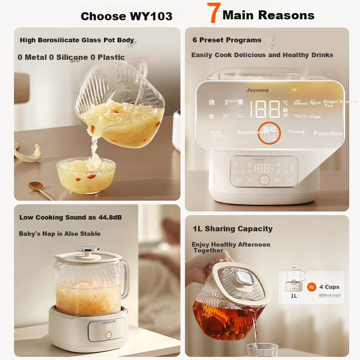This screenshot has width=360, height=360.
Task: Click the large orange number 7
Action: point(213,14)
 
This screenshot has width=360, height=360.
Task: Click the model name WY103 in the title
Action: point(151,17)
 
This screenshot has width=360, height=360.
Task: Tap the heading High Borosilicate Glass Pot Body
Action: point(77,40)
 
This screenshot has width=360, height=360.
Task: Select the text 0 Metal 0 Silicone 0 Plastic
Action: point(71,57)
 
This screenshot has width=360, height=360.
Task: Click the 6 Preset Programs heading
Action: point(227,40)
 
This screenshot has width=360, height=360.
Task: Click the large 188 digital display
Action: point(265,109)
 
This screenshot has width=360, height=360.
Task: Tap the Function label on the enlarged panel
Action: point(328,133)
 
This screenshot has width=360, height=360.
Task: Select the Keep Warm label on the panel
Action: point(216,134)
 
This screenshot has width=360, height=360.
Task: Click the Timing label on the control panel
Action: point(296,132)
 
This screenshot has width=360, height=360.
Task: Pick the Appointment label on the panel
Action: point(252,132)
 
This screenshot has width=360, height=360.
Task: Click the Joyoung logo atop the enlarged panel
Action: point(257,90)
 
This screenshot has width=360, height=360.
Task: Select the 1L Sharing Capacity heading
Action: point(233,229)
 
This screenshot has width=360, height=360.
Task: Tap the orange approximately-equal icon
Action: point(311,287)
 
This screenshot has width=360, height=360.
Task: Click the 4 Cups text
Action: point(329,287)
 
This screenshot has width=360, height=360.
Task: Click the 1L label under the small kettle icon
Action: point(294,296)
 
